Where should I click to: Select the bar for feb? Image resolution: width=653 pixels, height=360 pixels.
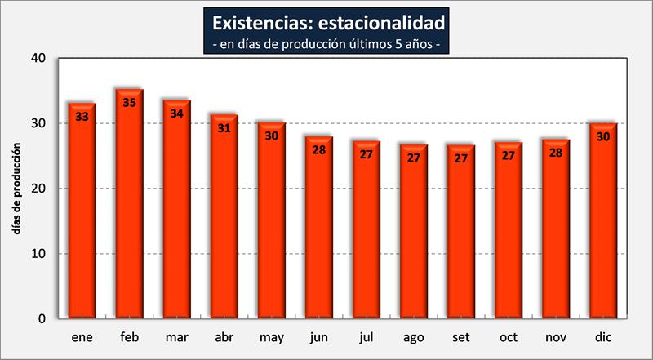[129, 204]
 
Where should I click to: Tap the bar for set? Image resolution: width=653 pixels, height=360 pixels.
[460, 232]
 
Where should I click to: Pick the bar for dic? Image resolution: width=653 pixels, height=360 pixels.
[602, 220]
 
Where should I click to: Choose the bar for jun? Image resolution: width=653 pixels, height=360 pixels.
[318, 228]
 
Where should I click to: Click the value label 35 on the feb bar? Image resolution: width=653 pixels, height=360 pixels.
[129, 102]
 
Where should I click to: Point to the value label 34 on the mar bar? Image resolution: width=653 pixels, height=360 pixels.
[176, 113]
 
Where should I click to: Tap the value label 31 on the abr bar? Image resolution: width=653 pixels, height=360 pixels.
[224, 127]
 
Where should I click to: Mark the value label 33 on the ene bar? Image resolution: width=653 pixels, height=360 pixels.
[82, 116]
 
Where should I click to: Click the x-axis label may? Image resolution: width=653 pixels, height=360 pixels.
[271, 338]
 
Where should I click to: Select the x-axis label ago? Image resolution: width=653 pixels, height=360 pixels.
[413, 338]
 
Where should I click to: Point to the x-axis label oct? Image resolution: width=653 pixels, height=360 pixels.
[508, 338]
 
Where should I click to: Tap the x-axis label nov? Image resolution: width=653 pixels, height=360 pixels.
[555, 338]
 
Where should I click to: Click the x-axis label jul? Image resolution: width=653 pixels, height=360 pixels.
[366, 338]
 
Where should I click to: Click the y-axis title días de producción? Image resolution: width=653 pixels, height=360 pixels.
[17, 189]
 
